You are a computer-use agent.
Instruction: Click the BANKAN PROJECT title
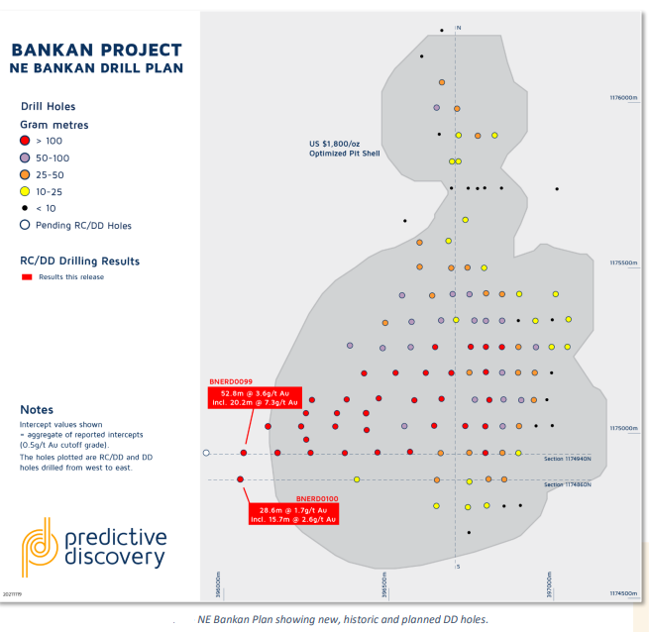(x=96, y=51)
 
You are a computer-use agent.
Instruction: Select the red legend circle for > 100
(x=25, y=142)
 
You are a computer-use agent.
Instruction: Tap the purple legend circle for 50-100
(x=25, y=158)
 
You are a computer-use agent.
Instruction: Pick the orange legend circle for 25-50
(x=25, y=174)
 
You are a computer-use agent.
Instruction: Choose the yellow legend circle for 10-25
(x=25, y=191)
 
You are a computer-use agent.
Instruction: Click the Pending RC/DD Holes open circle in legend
(x=25, y=225)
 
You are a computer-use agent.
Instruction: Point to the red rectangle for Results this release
(x=28, y=277)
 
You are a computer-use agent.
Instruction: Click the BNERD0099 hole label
(x=231, y=381)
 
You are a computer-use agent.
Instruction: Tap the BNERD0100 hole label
(x=317, y=498)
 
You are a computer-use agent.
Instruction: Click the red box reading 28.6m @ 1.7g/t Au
(x=292, y=514)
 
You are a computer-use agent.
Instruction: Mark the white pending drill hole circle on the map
(x=206, y=453)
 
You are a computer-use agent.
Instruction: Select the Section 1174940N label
(x=568, y=459)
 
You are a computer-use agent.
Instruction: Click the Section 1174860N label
(x=568, y=484)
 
